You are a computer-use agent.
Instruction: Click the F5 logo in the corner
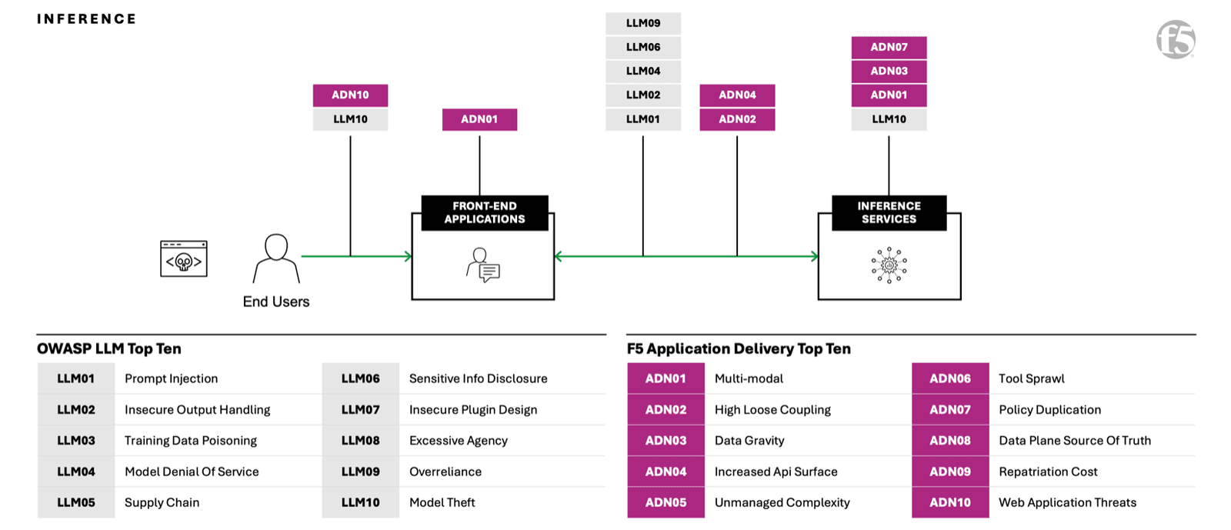coord(1176,39)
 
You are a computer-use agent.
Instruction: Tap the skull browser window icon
coord(184,259)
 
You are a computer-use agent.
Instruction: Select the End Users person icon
coord(276,258)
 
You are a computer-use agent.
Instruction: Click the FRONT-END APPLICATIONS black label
coord(485,213)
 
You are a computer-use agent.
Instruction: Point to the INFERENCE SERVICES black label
coord(889,213)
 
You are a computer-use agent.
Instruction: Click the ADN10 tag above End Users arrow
coord(350,95)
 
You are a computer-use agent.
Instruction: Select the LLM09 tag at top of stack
coord(643,23)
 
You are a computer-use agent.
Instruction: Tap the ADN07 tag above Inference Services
coord(889,48)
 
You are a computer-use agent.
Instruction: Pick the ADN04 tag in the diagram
coord(737,95)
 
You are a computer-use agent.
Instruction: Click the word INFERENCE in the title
coord(86,19)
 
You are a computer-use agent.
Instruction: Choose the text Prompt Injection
coord(171,378)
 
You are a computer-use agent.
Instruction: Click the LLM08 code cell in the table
coord(360,441)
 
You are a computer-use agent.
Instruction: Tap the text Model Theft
coord(442,502)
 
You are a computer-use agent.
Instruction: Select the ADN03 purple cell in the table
coord(666,441)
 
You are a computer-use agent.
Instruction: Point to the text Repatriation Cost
coord(1048,472)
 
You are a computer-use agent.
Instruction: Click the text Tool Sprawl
coord(1031,378)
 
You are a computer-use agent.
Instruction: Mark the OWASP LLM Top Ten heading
coord(109,348)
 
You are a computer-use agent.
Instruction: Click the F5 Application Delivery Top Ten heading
coord(739,348)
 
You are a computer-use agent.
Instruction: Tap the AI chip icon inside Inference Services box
coord(889,265)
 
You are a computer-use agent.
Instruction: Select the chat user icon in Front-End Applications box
coord(483,265)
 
